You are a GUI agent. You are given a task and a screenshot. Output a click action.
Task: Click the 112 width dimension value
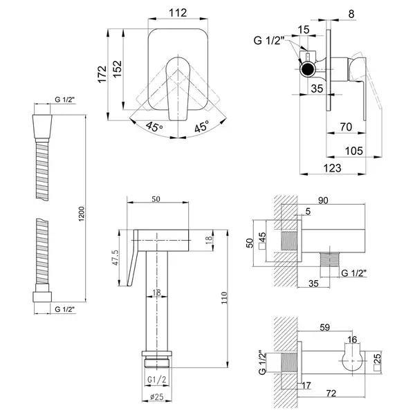(178, 12)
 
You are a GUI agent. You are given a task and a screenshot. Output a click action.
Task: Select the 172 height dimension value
(102, 75)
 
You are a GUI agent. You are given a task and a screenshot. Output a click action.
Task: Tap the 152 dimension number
(118, 68)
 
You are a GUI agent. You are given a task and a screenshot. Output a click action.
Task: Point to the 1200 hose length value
(81, 214)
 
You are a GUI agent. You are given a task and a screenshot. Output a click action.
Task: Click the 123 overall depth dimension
(332, 168)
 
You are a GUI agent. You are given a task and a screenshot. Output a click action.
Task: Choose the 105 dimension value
(353, 151)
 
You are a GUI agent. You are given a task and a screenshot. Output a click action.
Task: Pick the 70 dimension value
(346, 127)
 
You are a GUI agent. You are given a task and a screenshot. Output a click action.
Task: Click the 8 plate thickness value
(351, 14)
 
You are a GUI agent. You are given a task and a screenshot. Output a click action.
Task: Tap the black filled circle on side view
(306, 69)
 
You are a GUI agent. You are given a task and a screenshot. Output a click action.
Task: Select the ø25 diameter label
(157, 396)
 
